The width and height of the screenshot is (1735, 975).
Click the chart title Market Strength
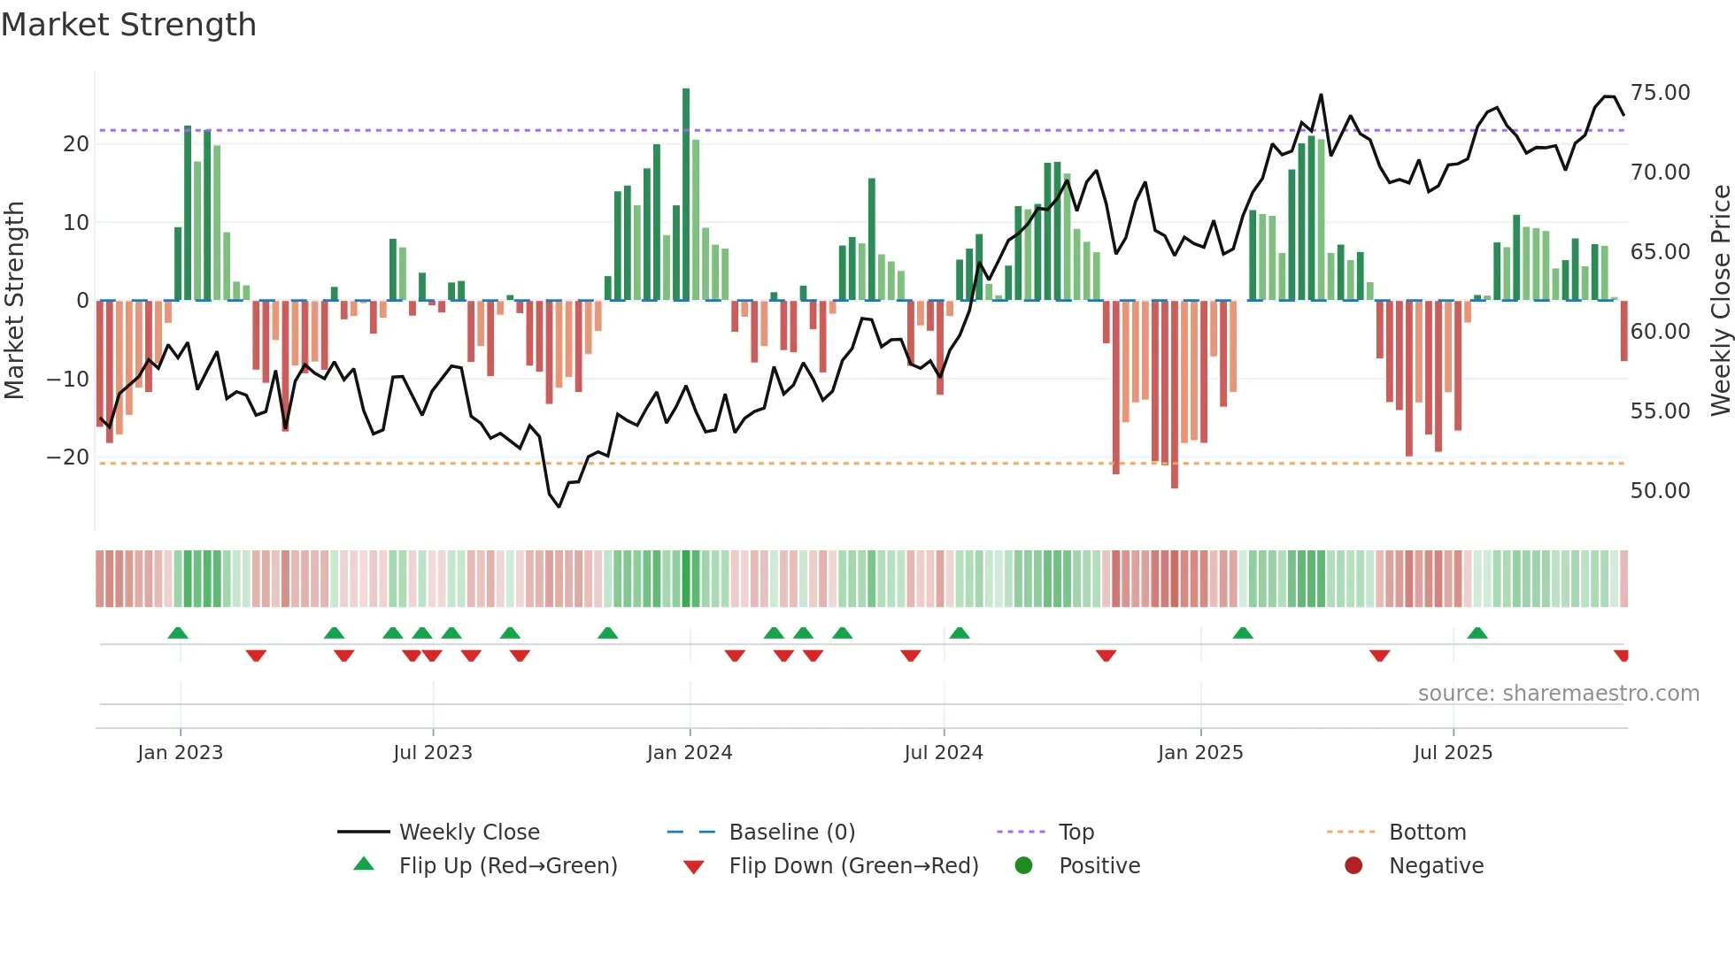pyautogui.click(x=128, y=25)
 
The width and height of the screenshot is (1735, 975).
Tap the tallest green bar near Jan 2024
pyautogui.click(x=686, y=195)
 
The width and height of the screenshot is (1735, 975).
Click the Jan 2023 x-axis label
pyautogui.click(x=181, y=753)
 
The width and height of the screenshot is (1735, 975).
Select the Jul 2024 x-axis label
pyautogui.click(x=944, y=753)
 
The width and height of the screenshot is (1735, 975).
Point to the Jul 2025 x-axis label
pyautogui.click(x=1453, y=753)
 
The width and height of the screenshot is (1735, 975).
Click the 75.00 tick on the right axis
pyautogui.click(x=1660, y=93)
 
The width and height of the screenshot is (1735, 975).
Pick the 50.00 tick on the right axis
pyautogui.click(x=1660, y=491)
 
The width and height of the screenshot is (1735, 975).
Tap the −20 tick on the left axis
pyautogui.click(x=68, y=457)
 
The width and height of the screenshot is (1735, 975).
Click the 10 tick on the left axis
pyautogui.click(x=76, y=223)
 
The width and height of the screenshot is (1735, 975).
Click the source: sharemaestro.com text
pyautogui.click(x=1558, y=694)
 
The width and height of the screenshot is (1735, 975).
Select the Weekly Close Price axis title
pyautogui.click(x=1720, y=301)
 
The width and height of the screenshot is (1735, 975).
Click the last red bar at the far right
pyautogui.click(x=1624, y=331)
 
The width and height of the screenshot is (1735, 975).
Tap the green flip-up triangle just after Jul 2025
pyautogui.click(x=1477, y=633)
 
